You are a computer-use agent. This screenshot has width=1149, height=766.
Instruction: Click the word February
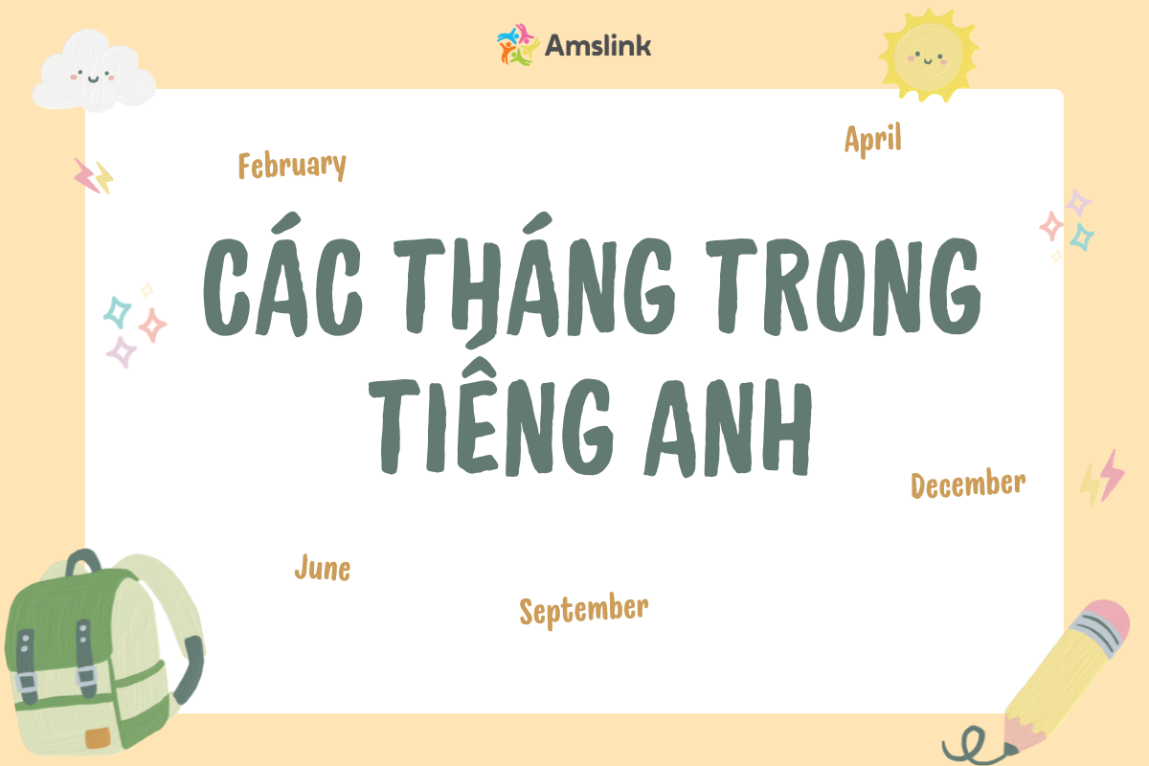click(x=292, y=166)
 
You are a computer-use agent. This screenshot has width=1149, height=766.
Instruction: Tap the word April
click(x=872, y=139)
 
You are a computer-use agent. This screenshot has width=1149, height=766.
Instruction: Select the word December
click(x=968, y=484)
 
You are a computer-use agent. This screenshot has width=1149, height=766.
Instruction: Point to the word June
click(x=323, y=568)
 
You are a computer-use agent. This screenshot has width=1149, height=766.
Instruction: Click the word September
click(x=584, y=610)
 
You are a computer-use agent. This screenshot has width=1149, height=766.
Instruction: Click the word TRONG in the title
click(x=844, y=286)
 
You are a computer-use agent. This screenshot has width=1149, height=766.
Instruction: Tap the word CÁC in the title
click(x=282, y=277)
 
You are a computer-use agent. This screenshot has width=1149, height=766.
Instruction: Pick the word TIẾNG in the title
click(x=491, y=416)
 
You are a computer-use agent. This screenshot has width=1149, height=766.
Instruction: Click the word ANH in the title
click(x=728, y=428)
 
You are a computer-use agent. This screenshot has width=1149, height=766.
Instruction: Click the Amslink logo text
click(x=597, y=46)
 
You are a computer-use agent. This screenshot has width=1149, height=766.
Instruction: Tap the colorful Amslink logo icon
click(x=517, y=45)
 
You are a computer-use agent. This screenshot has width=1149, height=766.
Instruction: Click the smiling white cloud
click(x=94, y=71)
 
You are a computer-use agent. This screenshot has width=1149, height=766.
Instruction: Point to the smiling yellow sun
click(x=928, y=56)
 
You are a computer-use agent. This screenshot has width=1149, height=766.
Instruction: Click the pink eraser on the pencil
click(x=1109, y=620)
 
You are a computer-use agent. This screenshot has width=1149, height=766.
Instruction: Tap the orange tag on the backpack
click(x=98, y=738)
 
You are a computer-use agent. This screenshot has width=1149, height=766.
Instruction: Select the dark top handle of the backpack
click(x=83, y=561)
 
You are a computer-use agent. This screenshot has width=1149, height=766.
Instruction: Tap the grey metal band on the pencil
click(x=1095, y=635)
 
